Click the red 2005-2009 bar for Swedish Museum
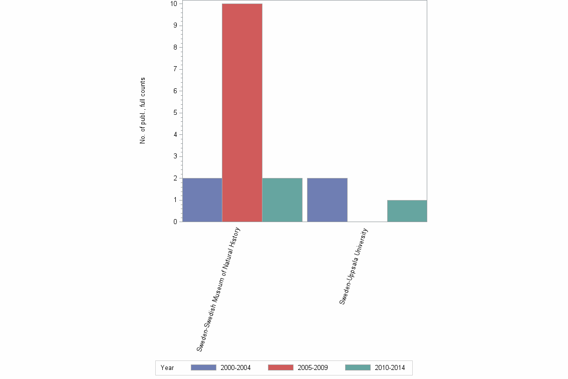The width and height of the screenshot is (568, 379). click(242, 113)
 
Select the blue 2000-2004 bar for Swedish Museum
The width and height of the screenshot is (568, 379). click(202, 200)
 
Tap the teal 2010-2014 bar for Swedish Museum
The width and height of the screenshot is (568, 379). click(282, 200)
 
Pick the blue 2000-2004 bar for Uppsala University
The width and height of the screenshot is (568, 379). click(327, 200)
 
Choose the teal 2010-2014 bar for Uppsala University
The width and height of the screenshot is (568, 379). click(407, 211)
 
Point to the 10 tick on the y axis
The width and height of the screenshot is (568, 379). click(173, 4)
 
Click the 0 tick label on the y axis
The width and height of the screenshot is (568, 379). click(175, 222)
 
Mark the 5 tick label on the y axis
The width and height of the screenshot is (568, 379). click(175, 113)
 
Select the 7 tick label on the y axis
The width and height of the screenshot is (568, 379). click(175, 69)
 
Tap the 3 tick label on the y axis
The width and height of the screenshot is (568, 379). click(175, 156)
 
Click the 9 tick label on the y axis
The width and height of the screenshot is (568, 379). click(175, 26)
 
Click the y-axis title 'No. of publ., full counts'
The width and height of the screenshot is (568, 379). click(143, 111)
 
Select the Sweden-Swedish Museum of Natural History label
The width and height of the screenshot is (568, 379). click(219, 289)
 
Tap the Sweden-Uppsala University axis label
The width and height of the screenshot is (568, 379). click(354, 266)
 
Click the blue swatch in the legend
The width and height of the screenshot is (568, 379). click(203, 367)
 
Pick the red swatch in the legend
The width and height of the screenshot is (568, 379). click(280, 367)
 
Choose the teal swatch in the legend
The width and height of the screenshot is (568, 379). click(358, 367)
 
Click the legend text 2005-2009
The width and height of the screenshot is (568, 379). click(313, 367)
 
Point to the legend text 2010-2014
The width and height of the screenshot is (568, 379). click(390, 367)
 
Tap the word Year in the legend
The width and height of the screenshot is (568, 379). click(167, 367)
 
